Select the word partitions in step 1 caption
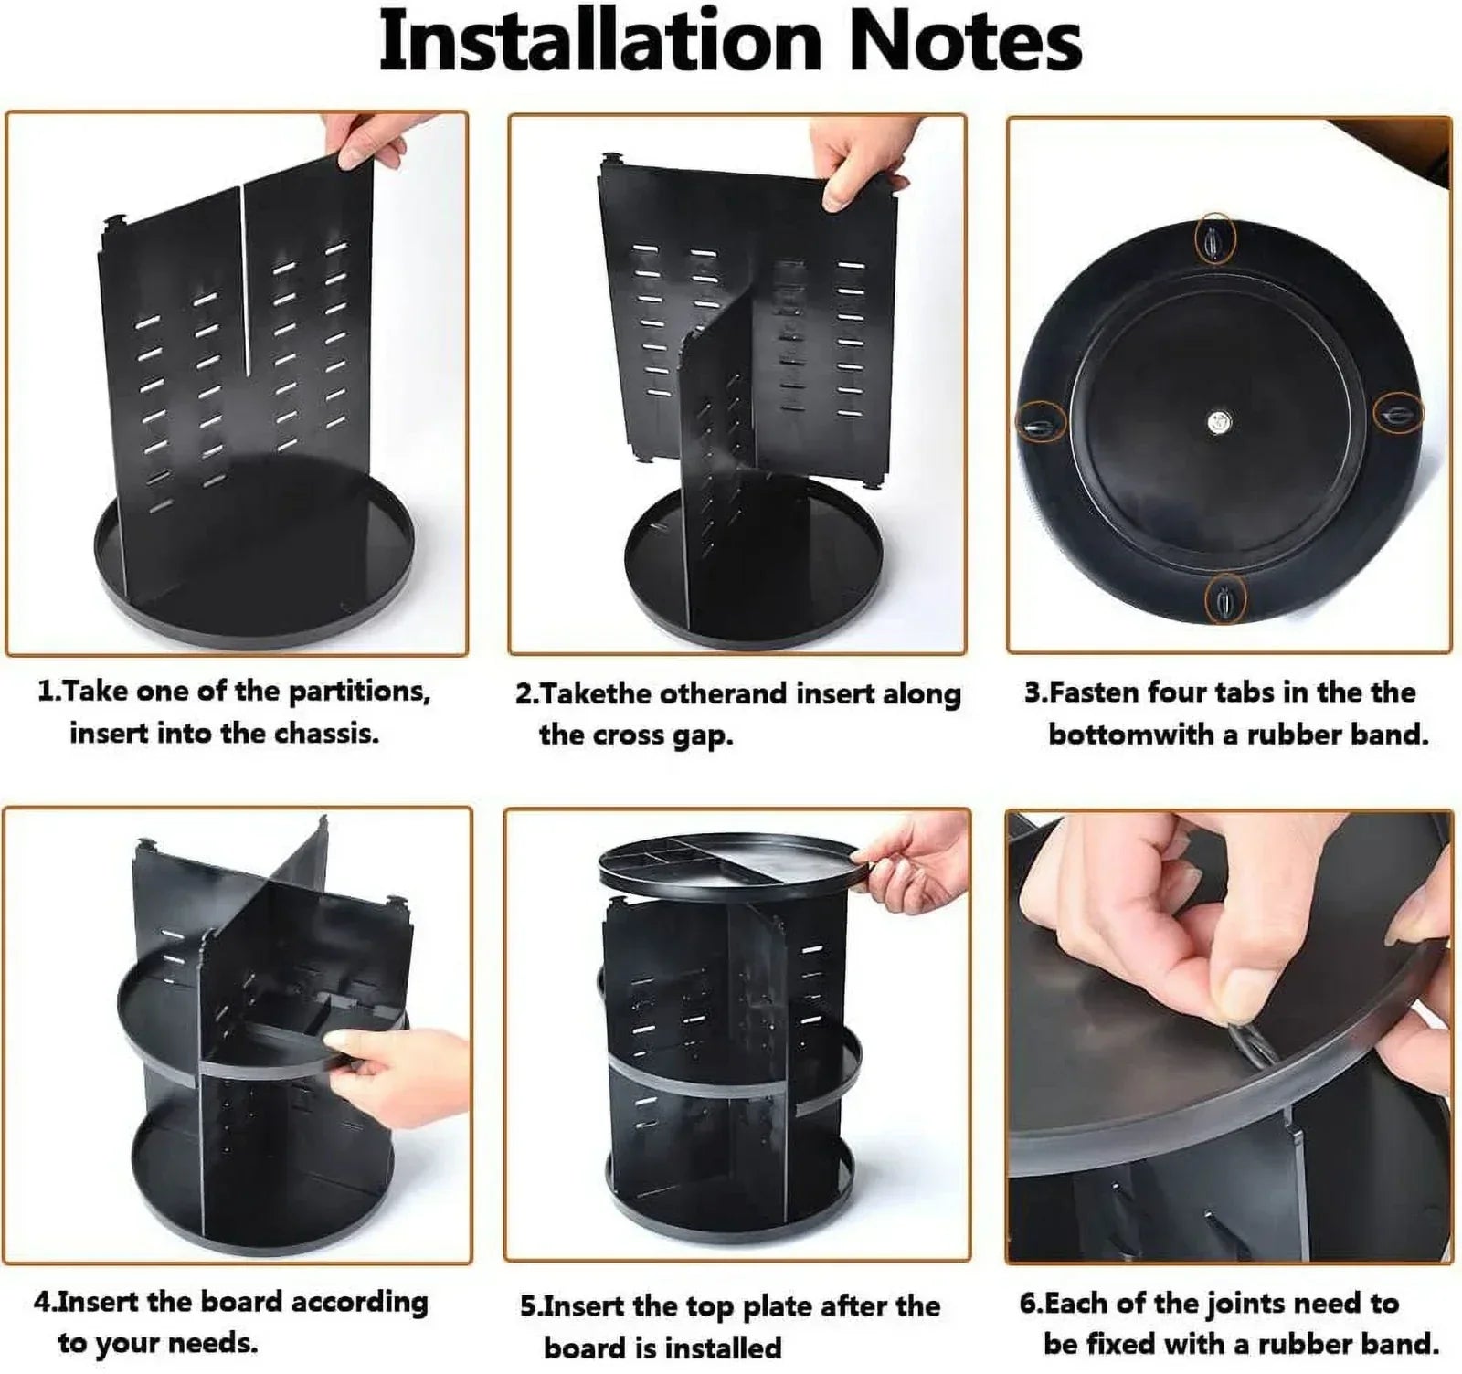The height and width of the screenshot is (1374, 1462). [x=359, y=692]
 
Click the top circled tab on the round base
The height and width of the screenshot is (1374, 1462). [x=1215, y=241]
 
